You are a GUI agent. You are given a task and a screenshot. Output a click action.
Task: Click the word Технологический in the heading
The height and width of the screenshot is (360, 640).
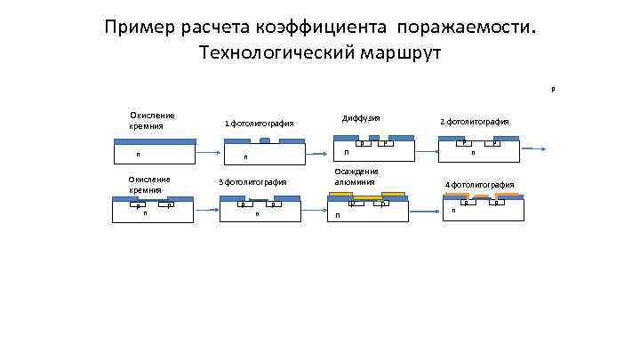click(272, 53)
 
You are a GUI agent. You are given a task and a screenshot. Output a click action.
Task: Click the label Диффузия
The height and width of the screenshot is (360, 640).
click(361, 117)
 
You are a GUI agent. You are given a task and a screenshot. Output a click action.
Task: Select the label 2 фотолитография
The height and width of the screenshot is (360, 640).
click(475, 121)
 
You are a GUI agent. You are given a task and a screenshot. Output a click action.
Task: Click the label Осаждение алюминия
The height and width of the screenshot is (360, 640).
click(356, 176)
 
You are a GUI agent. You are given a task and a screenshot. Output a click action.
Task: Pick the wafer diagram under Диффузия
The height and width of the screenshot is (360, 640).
click(373, 149)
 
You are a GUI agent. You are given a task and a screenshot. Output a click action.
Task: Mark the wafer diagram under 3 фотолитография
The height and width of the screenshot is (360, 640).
click(262, 209)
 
